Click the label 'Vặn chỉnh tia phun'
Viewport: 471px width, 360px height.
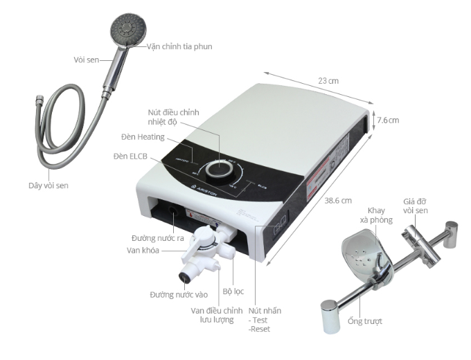click(179, 46)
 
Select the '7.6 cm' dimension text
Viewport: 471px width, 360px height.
click(388, 120)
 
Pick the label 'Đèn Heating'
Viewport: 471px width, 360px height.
click(143, 137)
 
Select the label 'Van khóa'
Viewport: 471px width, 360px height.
click(144, 250)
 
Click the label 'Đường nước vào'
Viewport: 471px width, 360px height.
click(178, 294)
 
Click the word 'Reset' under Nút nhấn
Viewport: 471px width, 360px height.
click(260, 329)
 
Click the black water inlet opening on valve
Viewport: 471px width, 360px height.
click(185, 277)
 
